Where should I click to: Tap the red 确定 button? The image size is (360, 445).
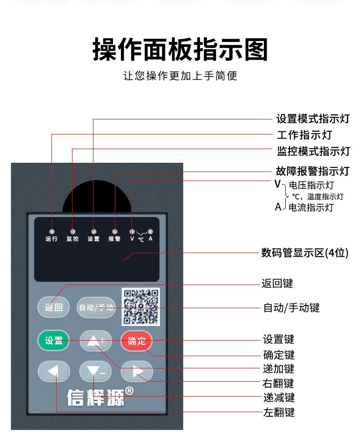136,341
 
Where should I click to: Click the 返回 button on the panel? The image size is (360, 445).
53,307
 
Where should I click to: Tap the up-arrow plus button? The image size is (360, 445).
96,341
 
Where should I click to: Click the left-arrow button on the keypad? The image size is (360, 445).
54,371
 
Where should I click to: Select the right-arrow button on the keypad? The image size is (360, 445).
137,371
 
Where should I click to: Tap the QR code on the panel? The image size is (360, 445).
141,307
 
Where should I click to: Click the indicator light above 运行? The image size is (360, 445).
51,232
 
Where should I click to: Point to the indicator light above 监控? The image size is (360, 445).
72,232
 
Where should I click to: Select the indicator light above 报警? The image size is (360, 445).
115,232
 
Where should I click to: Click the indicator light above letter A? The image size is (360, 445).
150,232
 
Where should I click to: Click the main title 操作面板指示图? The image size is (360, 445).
180,50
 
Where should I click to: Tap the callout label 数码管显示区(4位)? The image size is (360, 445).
305,253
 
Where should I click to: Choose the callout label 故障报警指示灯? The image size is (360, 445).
313,171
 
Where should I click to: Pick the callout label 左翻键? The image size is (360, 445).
279,412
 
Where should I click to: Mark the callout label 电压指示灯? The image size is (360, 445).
311,185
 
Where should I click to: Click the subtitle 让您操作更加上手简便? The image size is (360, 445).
180,76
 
